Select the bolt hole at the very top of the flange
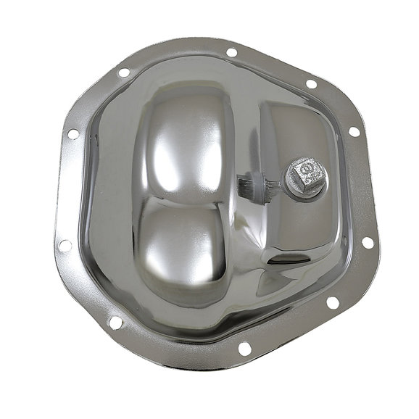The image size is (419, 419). (231, 52)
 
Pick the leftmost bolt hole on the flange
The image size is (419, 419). (65, 245)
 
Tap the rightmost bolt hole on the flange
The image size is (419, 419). (367, 242)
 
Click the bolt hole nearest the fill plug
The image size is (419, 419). (353, 132)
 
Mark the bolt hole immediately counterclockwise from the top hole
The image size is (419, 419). (123, 72)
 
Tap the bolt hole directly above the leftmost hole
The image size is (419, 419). (72, 133)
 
